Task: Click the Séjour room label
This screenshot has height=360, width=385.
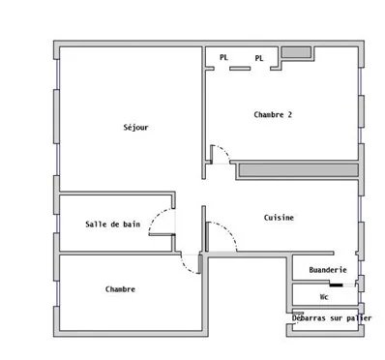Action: pyautogui.click(x=135, y=128)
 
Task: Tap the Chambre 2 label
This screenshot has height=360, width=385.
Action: pyautogui.click(x=273, y=114)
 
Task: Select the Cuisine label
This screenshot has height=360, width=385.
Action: pyautogui.click(x=279, y=218)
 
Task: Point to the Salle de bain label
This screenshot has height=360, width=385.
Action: pyautogui.click(x=113, y=225)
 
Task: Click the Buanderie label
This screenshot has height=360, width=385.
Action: pyautogui.click(x=328, y=270)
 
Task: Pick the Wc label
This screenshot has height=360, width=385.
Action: pyautogui.click(x=324, y=297)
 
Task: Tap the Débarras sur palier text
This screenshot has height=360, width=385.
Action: pyautogui.click(x=332, y=318)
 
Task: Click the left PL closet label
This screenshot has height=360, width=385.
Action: pyautogui.click(x=223, y=57)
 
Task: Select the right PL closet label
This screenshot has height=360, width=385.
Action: pyautogui.click(x=259, y=58)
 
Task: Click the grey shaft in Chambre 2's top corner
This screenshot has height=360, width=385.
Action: pyautogui.click(x=297, y=52)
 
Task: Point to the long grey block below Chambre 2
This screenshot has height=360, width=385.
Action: pyautogui.click(x=299, y=170)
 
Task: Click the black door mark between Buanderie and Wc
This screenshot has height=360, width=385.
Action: pyautogui.click(x=336, y=285)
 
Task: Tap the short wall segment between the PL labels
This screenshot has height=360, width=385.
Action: pyautogui.click(x=240, y=69)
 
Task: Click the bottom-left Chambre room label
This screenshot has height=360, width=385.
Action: pyautogui.click(x=120, y=289)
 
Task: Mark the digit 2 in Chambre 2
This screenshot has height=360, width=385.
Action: pyautogui.click(x=289, y=114)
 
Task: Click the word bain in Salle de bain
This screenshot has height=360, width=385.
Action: pyautogui.click(x=132, y=225)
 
